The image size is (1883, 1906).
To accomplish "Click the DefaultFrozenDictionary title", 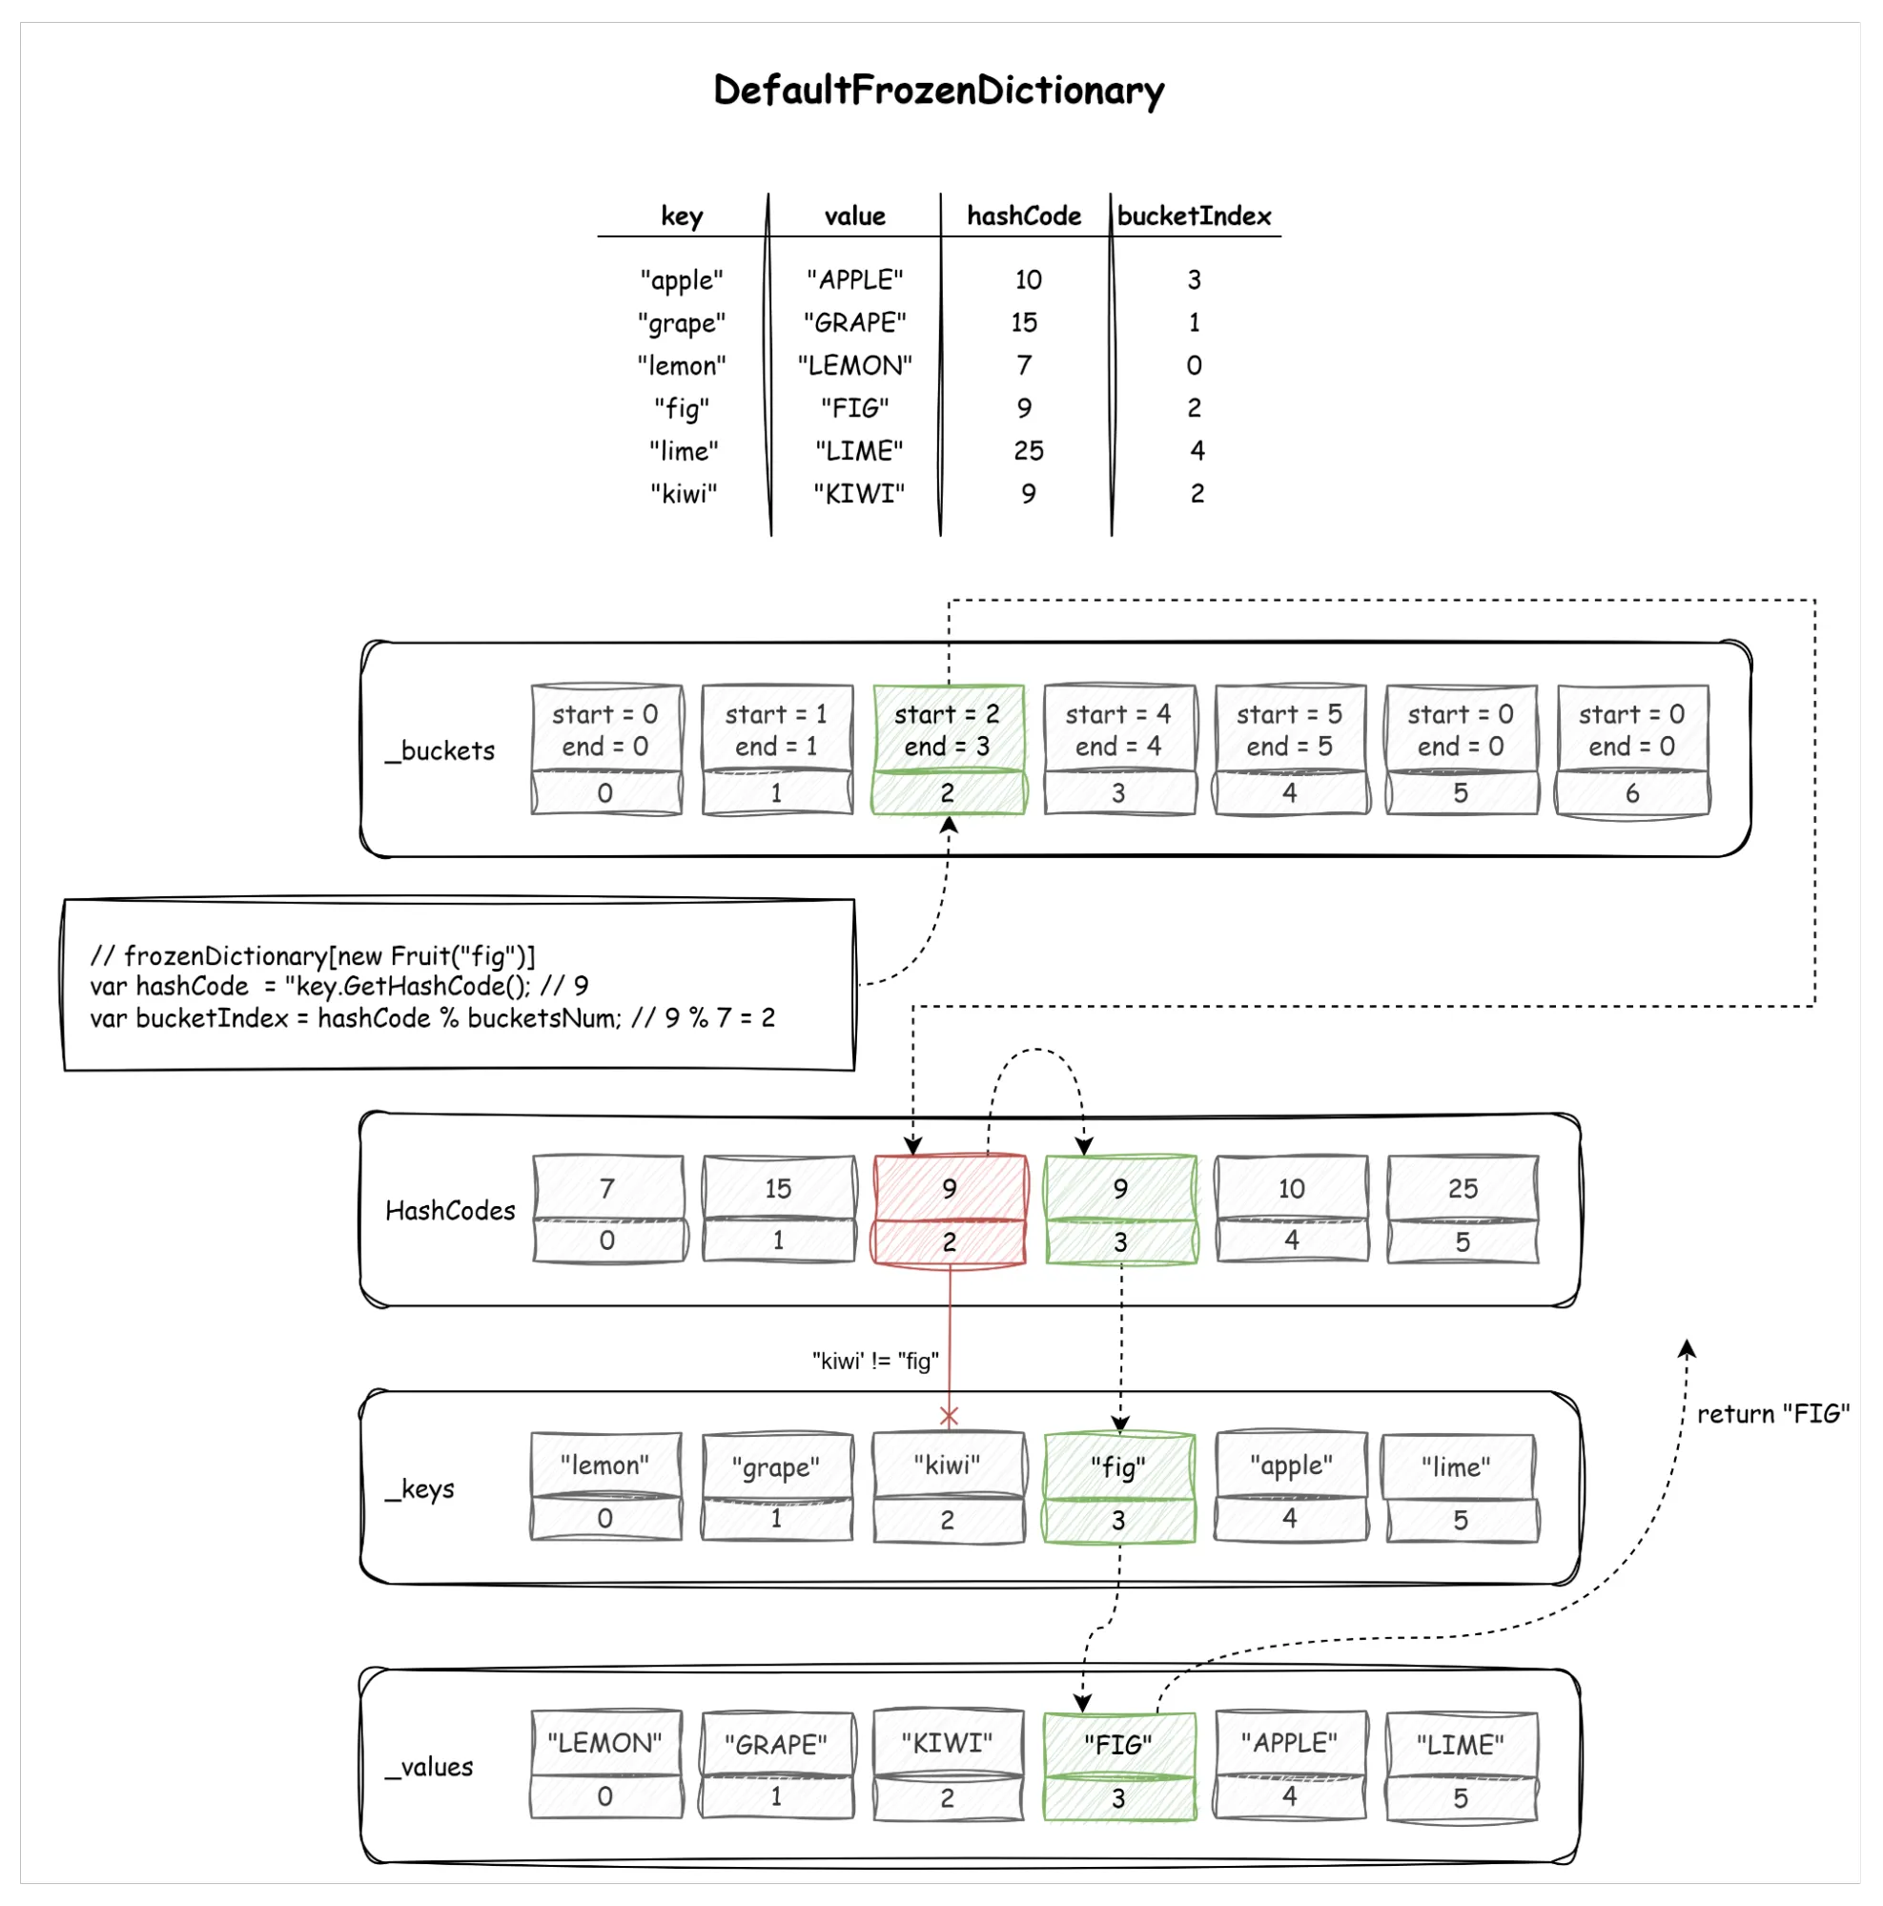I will pyautogui.click(x=938, y=91).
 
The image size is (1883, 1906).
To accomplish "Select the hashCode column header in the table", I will pyautogui.click(x=1024, y=216).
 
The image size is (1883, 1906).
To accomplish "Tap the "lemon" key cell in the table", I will pyautogui.click(x=682, y=366).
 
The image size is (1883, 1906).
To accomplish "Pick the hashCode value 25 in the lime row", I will pyautogui.click(x=1028, y=451).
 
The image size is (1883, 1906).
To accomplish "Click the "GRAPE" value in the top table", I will pyautogui.click(x=854, y=322).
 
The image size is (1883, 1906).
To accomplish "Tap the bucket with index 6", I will pyautogui.click(x=1632, y=749).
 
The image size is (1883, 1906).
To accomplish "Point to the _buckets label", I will pyautogui.click(x=440, y=750).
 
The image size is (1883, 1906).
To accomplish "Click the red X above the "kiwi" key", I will pyautogui.click(x=949, y=1417).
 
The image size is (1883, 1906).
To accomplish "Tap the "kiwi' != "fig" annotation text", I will pyautogui.click(x=875, y=1362).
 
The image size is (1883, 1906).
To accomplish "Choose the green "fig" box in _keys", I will pyautogui.click(x=1118, y=1487).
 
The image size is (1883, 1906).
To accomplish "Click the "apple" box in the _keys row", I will pyautogui.click(x=1290, y=1486).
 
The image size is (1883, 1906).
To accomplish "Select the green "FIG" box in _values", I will pyautogui.click(x=1118, y=1766).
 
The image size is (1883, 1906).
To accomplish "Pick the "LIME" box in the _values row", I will pyautogui.click(x=1461, y=1766).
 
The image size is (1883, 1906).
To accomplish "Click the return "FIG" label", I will pyautogui.click(x=1772, y=1414).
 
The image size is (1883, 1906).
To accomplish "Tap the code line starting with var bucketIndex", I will pyautogui.click(x=432, y=1018).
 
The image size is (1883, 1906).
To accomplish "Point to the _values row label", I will pyautogui.click(x=429, y=1767).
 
